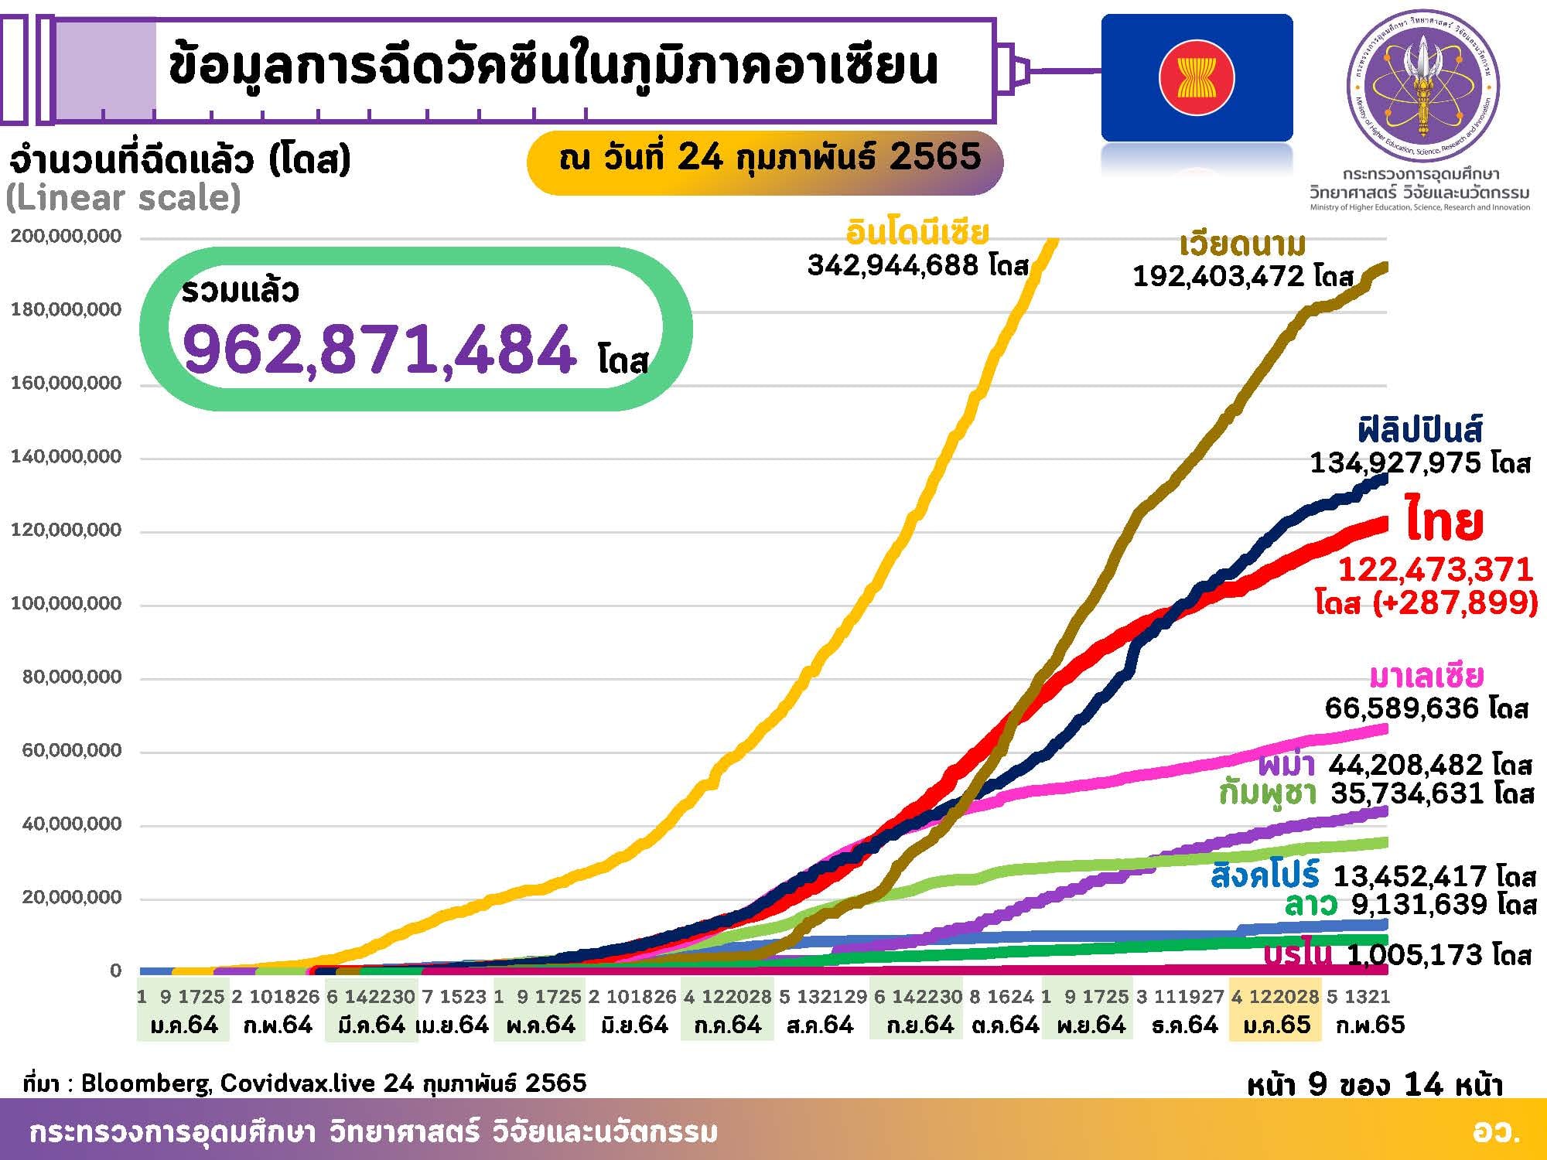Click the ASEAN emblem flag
coord(1197,78)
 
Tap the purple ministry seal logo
coord(1422,86)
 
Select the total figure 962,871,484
coord(379,350)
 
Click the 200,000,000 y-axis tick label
coord(67,236)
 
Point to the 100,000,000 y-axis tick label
coord(67,603)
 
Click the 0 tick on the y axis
coord(116,971)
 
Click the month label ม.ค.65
coord(1276,1025)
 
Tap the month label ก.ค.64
coord(727,1025)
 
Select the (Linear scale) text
coord(124,198)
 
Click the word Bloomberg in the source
coord(146,1083)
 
